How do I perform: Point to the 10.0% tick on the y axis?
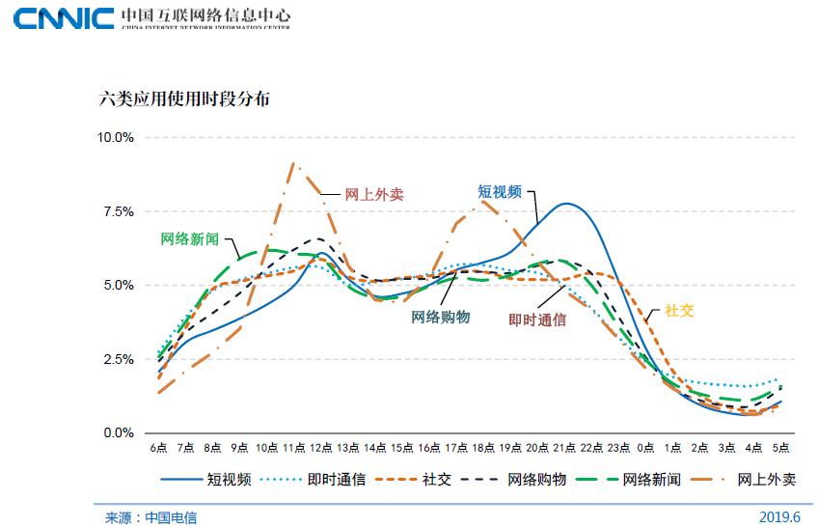pos(115,137)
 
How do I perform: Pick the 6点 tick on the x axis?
pos(158,449)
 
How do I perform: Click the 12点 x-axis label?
pos(321,449)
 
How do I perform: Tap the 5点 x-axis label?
pos(782,449)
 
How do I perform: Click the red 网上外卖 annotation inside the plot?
pos(374,194)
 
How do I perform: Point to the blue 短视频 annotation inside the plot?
pos(500,191)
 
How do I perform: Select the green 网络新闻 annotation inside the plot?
pos(189,238)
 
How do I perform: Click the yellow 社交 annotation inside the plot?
pos(679,312)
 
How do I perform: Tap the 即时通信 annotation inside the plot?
pos(537,320)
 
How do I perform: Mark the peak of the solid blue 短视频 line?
pos(566,204)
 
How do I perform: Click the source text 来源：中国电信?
pos(150,517)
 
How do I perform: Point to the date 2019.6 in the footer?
pos(780,516)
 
